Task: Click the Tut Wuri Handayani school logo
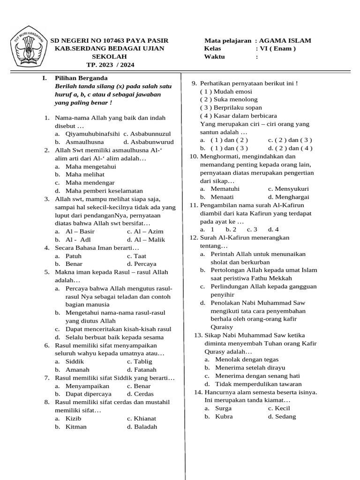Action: pyautogui.click(x=28, y=45)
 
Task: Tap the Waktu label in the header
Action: pyautogui.click(x=214, y=57)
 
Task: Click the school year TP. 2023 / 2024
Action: pyautogui.click(x=110, y=65)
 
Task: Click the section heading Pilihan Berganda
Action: pyautogui.click(x=81, y=78)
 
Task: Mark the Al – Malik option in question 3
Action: pyautogui.click(x=150, y=239)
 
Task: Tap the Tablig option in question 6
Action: pyautogui.click(x=143, y=361)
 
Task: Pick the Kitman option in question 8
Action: pyautogui.click(x=76, y=427)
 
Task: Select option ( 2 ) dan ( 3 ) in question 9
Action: pyautogui.click(x=290, y=140)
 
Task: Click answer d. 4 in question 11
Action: pyautogui.click(x=273, y=229)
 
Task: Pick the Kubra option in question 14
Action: pyautogui.click(x=224, y=416)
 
